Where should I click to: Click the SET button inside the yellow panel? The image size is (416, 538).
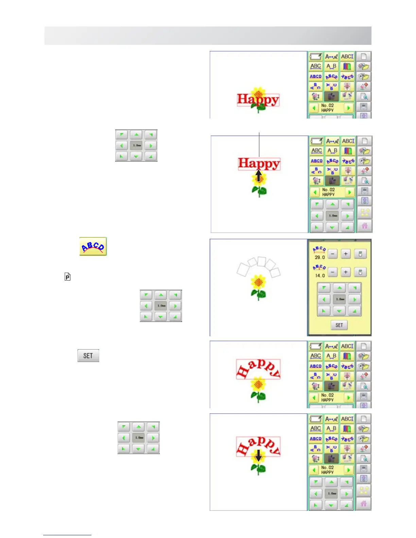[x=339, y=325]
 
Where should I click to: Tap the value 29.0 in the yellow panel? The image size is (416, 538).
[x=319, y=257]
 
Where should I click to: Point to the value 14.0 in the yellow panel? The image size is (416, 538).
[x=319, y=275]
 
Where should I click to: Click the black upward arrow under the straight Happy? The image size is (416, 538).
[x=259, y=175]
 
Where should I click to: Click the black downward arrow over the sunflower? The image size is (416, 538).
[x=259, y=455]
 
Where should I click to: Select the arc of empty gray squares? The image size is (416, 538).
[x=259, y=266]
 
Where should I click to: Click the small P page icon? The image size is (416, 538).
[x=67, y=277]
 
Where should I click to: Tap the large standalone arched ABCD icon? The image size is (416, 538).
[x=93, y=246]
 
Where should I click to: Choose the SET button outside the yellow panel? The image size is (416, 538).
[x=88, y=356]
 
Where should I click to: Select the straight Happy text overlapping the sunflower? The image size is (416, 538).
[x=258, y=100]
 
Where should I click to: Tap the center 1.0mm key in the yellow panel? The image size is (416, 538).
[x=339, y=299]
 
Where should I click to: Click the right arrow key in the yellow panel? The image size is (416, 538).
[x=354, y=299]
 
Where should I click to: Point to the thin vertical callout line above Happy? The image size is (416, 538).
[x=259, y=144]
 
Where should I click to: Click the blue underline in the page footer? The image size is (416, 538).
[x=67, y=535]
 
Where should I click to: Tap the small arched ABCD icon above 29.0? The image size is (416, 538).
[x=319, y=250]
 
